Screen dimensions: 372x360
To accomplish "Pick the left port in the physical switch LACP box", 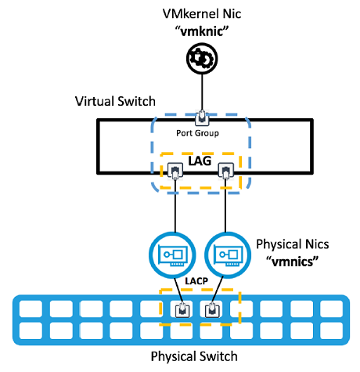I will point(182,310).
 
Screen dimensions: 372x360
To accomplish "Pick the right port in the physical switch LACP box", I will point(212,310).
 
